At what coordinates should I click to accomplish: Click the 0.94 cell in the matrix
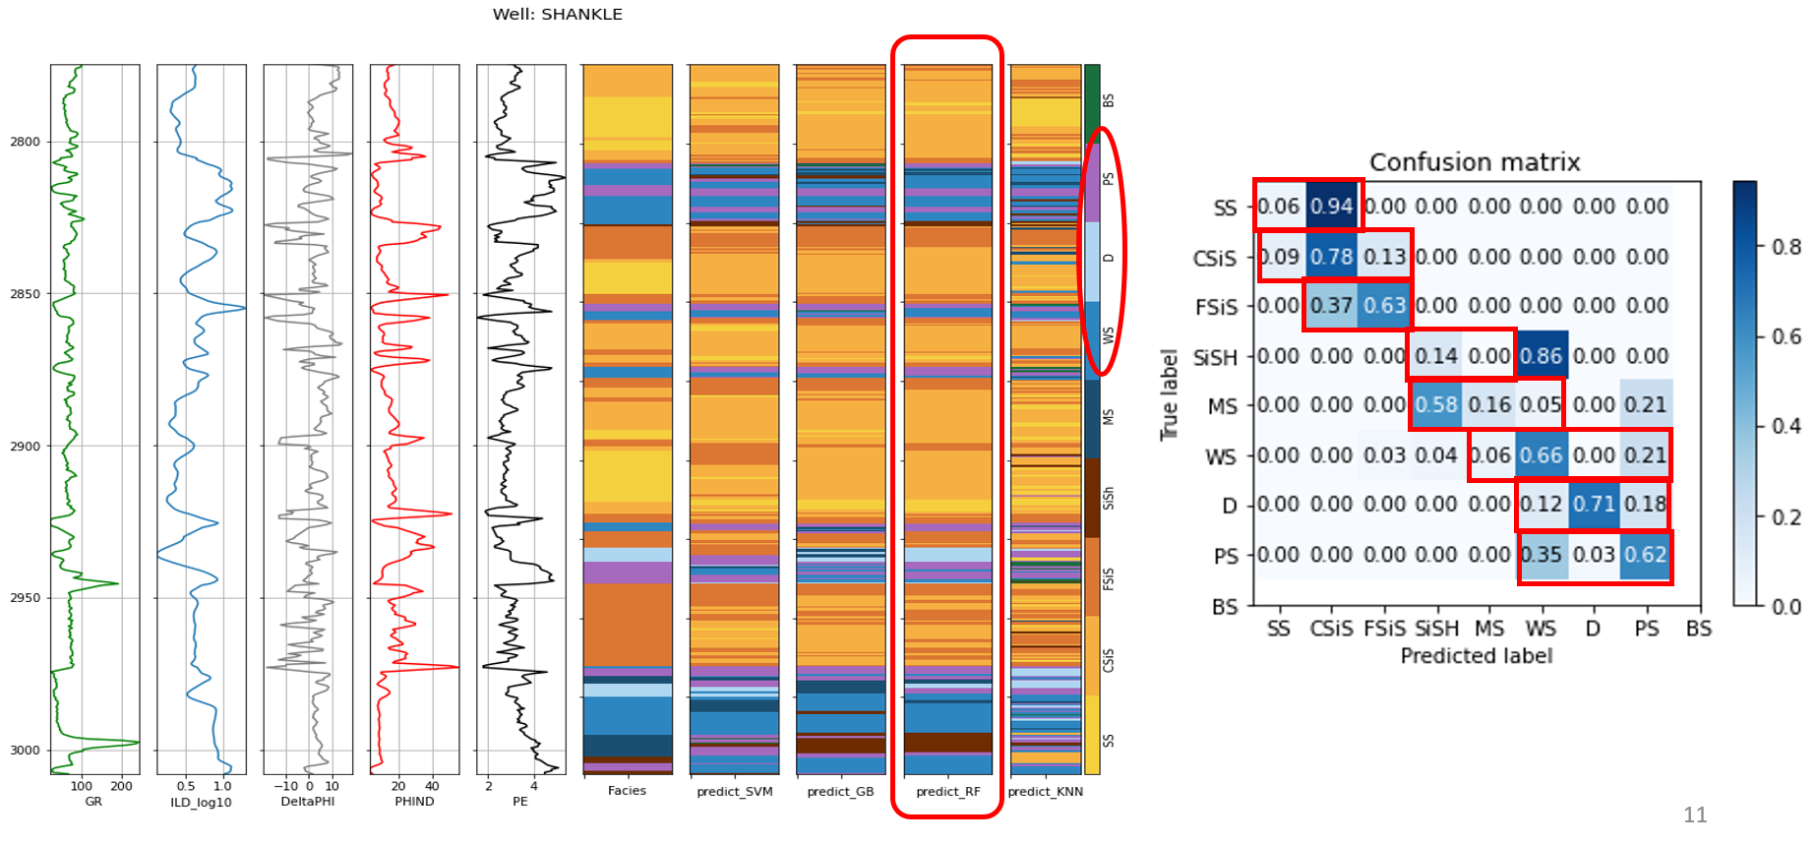(x=1332, y=207)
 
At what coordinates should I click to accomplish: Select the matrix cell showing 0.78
(x=1332, y=257)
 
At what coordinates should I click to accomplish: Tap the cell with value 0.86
(x=1541, y=356)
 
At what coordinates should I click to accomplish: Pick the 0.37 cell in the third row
(x=1332, y=306)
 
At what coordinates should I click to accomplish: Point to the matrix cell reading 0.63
(x=1384, y=306)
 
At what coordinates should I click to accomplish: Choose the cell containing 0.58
(x=1436, y=405)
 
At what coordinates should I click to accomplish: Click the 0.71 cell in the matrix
(x=1594, y=505)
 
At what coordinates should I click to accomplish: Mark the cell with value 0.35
(x=1541, y=555)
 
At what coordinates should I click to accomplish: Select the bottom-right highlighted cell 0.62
(x=1646, y=555)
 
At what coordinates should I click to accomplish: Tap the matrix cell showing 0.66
(x=1541, y=455)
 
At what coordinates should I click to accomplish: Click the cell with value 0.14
(x=1436, y=356)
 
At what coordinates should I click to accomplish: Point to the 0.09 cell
(x=1280, y=257)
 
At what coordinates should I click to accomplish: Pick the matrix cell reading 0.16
(x=1489, y=405)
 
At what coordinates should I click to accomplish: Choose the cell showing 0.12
(x=1541, y=505)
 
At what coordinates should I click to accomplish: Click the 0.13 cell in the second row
(x=1384, y=257)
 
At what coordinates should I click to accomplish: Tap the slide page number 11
(x=1695, y=814)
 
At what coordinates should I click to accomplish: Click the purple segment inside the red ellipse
(x=1092, y=183)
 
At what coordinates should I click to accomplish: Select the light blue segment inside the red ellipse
(x=1092, y=262)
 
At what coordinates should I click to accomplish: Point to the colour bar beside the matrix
(x=1744, y=392)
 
